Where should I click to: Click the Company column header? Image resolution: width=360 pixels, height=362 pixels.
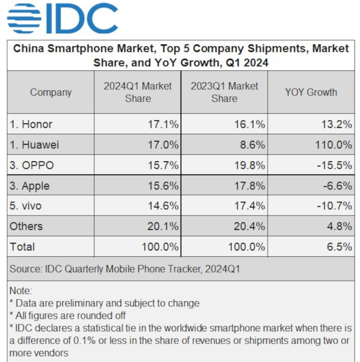[51, 92]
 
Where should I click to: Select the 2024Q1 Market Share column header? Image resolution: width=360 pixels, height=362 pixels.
[138, 92]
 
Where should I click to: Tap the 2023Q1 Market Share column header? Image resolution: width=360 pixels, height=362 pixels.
[225, 92]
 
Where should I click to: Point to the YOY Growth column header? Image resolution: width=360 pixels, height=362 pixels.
[311, 92]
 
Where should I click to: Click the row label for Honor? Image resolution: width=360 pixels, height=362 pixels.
[31, 124]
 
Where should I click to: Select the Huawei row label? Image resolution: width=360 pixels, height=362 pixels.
[34, 144]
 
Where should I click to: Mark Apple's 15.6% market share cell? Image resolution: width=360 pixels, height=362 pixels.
[162, 186]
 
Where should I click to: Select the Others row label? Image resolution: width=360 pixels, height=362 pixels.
[26, 226]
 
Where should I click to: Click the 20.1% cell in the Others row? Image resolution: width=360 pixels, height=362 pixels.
[162, 226]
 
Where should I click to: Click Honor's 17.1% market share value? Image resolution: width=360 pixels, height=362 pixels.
[162, 124]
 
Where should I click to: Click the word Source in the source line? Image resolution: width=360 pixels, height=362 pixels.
[26, 269]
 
